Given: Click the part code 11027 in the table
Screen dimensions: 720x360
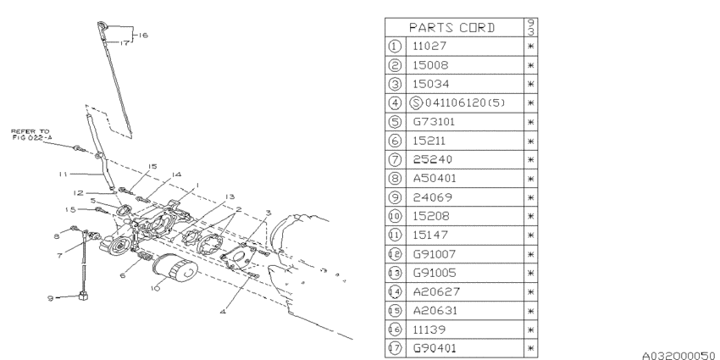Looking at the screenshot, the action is click(x=429, y=46).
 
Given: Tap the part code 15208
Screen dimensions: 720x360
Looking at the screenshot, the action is click(x=431, y=216).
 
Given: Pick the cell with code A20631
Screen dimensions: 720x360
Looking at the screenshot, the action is click(x=435, y=310).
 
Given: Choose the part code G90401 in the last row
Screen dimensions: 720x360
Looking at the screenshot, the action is click(x=435, y=348).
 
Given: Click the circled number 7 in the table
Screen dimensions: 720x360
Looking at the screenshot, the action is click(x=395, y=159).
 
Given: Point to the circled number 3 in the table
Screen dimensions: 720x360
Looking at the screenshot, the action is click(x=395, y=84).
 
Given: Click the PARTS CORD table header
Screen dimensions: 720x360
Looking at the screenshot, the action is click(x=452, y=28).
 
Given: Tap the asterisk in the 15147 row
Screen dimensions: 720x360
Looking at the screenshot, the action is click(x=530, y=235).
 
